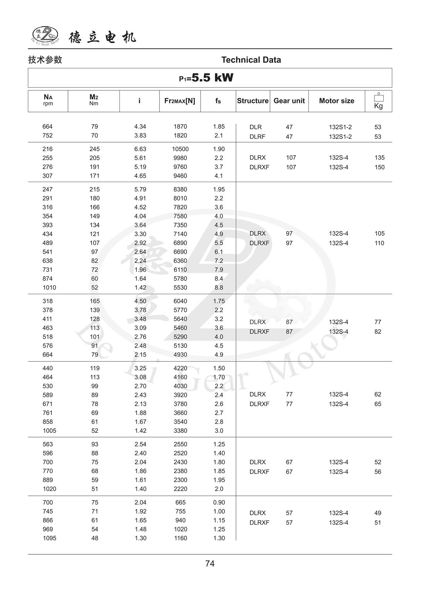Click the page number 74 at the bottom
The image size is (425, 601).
(210, 564)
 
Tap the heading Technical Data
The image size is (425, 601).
(251, 60)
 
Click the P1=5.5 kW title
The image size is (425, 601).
(206, 78)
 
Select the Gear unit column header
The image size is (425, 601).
(289, 101)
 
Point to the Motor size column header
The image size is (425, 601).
(337, 101)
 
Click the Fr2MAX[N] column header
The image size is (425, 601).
(180, 101)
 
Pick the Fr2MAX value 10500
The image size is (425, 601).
(180, 149)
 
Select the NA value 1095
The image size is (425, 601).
(49, 538)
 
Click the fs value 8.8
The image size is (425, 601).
(219, 288)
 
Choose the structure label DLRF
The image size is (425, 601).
(257, 137)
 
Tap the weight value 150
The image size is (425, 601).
(379, 167)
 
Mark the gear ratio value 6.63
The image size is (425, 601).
(140, 149)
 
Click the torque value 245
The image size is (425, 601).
(95, 149)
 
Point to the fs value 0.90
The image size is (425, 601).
(219, 502)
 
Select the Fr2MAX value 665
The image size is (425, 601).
(180, 502)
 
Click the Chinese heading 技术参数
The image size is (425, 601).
(45, 60)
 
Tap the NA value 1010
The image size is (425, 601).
(49, 288)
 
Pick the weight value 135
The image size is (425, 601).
(379, 158)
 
